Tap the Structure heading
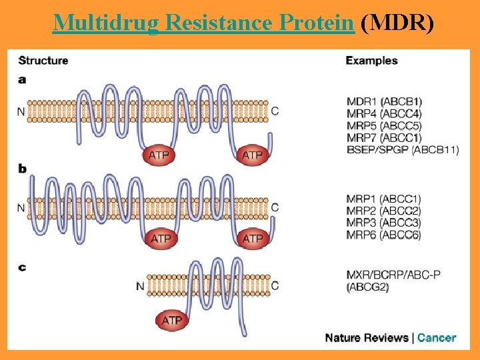click(43, 61)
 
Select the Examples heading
click(371, 61)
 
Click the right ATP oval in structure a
click(252, 155)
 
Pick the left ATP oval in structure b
click(161, 238)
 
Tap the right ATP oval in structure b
click(252, 238)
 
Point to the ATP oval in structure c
click(172, 321)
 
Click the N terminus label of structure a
click(21, 111)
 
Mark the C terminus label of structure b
click(275, 207)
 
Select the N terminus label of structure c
click(140, 287)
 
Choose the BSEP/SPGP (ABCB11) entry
click(403, 150)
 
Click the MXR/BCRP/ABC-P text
click(393, 275)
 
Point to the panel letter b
click(23, 169)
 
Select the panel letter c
click(22, 268)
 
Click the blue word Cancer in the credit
click(437, 337)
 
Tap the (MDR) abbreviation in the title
click(397, 23)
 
